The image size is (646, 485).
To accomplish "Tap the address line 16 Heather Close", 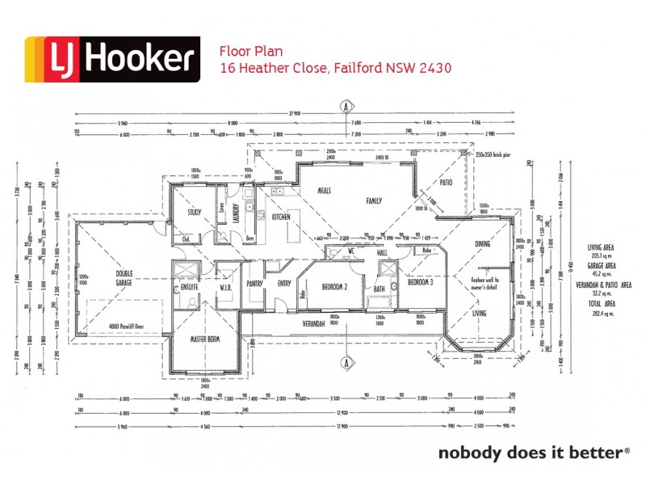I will click(x=335, y=69).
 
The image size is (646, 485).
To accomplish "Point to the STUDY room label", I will click(x=194, y=213).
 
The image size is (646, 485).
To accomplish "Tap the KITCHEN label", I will click(x=280, y=217).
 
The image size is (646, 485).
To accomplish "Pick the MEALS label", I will click(x=325, y=192).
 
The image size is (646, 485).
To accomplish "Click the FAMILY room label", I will click(x=374, y=200).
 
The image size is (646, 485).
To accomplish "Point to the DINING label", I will click(x=482, y=243).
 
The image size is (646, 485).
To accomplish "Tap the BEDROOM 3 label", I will click(x=421, y=283).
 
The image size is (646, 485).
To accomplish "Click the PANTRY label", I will click(x=256, y=284).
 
